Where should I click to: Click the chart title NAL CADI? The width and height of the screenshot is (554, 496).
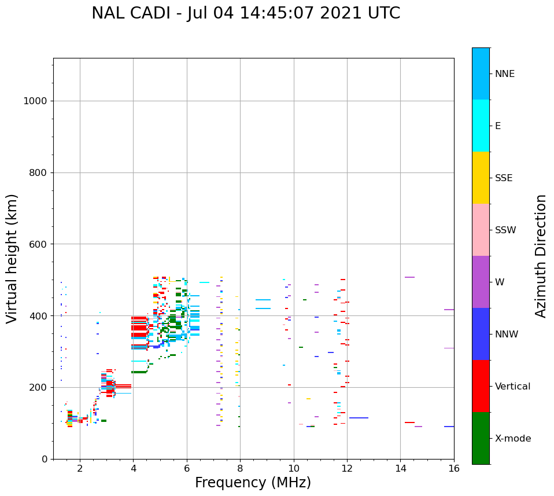point(245,13)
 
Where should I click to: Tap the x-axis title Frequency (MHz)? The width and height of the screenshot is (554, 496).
point(253,483)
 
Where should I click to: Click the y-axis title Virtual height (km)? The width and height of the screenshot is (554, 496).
point(12,259)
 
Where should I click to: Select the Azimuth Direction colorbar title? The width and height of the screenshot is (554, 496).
point(541,256)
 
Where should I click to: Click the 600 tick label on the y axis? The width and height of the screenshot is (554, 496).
point(38,244)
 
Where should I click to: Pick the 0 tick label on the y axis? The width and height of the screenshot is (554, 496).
point(44,459)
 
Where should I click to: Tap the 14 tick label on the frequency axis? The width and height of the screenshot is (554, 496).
point(400,468)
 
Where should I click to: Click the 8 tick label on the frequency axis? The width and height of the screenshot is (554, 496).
point(240,468)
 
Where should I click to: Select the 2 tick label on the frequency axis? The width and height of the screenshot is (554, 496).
point(80,468)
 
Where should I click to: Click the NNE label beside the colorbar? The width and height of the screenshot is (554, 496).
point(504,74)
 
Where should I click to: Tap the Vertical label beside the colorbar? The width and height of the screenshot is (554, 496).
point(512,387)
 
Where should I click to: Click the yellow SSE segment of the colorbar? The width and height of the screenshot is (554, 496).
point(481,178)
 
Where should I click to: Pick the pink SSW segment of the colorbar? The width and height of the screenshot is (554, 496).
point(481,230)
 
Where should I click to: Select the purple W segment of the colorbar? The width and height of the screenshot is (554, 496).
point(481,282)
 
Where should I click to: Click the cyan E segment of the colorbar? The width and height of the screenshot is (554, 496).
point(481,126)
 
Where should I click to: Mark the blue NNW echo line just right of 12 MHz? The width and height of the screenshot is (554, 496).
point(359,418)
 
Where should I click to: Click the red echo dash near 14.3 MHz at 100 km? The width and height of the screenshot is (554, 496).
point(409,422)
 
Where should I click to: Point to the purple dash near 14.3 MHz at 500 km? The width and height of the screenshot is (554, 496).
point(409,277)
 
